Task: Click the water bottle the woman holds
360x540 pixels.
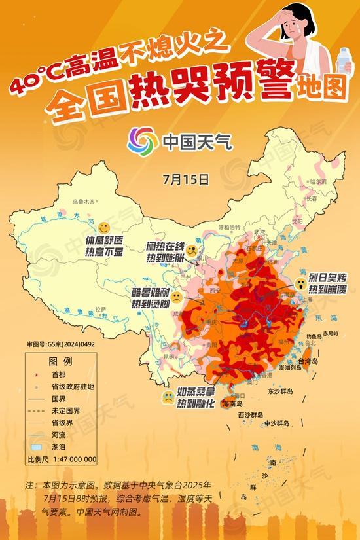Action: (x=343, y=61)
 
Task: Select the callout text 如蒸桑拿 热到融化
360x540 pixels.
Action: (x=196, y=401)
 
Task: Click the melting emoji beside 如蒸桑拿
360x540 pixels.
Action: (x=168, y=397)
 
